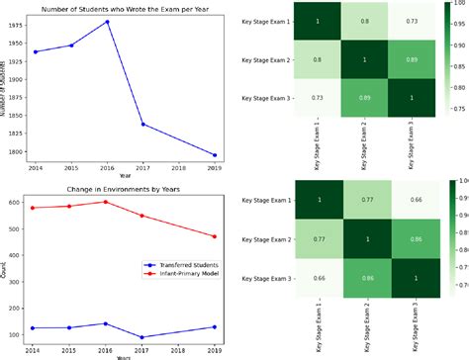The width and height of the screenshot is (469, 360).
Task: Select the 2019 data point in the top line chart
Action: coord(216,154)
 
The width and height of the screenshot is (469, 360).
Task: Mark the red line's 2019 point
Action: coord(216,235)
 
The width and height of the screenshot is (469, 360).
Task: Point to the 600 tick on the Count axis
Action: coord(19,202)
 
